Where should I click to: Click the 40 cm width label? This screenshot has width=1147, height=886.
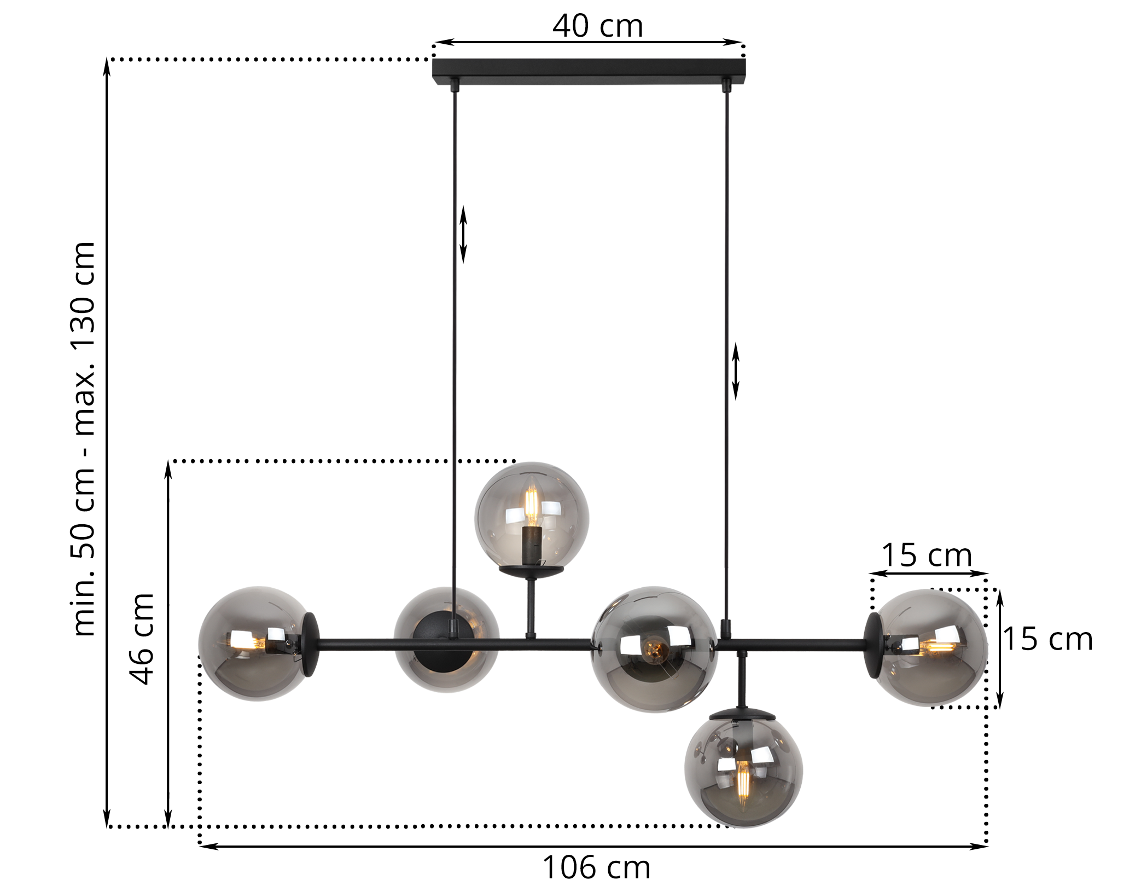click(x=597, y=26)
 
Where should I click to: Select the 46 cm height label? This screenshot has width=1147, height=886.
click(x=142, y=639)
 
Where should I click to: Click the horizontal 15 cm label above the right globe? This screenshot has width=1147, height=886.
click(x=927, y=555)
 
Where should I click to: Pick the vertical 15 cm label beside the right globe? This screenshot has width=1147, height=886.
click(x=1047, y=639)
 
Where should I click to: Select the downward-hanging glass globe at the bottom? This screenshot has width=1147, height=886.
click(x=743, y=772)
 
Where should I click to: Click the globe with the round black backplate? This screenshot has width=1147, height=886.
click(x=446, y=639)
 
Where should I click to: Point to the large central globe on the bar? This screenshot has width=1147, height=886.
click(x=654, y=649)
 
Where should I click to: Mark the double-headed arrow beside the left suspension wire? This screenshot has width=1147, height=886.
click(x=463, y=234)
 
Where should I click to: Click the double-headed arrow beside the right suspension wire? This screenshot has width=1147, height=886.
click(x=736, y=371)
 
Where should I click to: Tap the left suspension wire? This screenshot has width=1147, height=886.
click(x=454, y=328)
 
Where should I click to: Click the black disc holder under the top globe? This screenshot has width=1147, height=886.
click(x=531, y=570)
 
